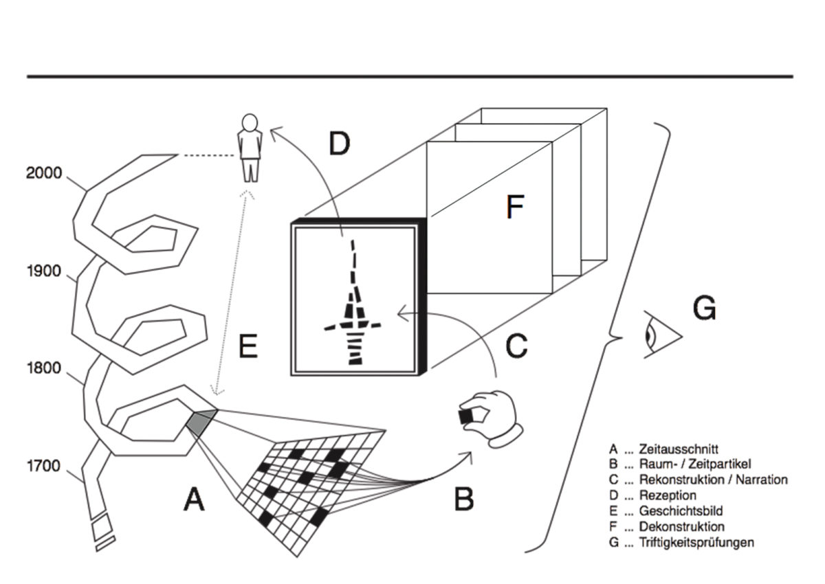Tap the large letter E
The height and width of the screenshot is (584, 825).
tap(247, 346)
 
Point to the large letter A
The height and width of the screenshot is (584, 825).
tap(194, 500)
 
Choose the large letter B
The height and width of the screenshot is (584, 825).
tap(464, 499)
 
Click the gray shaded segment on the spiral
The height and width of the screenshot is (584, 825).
tap(200, 420)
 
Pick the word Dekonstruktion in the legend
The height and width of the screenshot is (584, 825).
tap(681, 527)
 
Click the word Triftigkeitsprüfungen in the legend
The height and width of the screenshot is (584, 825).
tap(696, 543)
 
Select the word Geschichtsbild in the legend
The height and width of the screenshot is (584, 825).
tap(680, 511)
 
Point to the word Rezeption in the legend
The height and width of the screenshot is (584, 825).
tap(668, 495)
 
